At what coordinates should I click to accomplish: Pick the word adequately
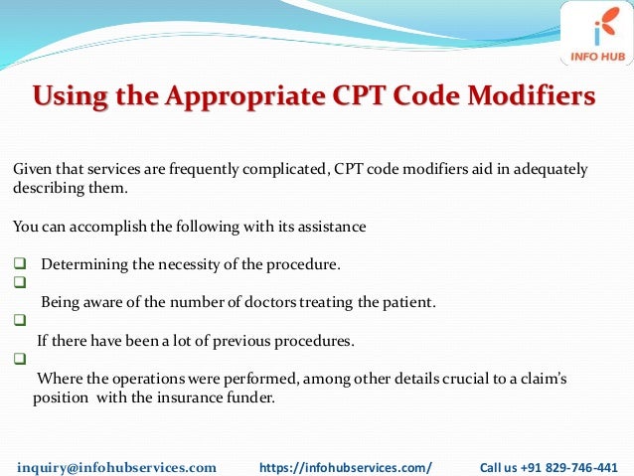(549, 169)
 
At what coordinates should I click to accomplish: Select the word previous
(232, 341)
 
